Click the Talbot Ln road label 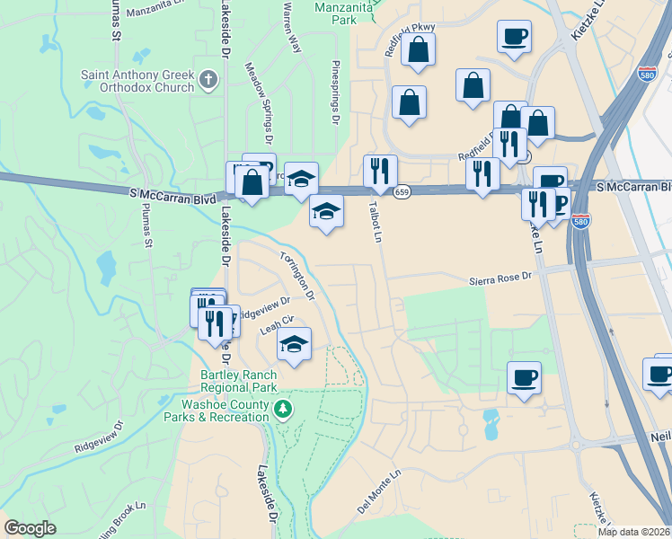click(x=376, y=220)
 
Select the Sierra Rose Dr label click(x=501, y=280)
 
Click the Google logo click(x=30, y=528)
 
